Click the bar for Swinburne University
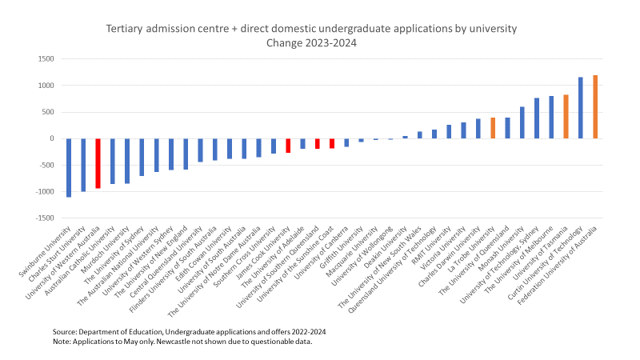[69, 167]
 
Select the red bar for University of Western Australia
[98, 163]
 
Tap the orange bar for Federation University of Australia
[595, 107]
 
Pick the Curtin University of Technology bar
[581, 108]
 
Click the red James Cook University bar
[288, 146]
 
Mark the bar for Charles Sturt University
[83, 165]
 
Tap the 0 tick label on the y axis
[50, 138]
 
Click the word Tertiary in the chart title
[126, 29]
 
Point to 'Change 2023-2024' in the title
[312, 42]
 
